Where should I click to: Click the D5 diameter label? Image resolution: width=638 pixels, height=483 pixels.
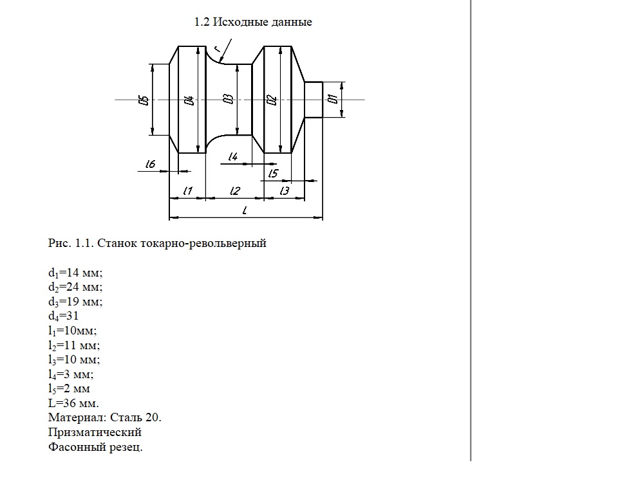[144, 100]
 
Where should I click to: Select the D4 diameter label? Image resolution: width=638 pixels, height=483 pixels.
[189, 100]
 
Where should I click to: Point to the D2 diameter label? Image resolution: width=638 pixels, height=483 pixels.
[272, 100]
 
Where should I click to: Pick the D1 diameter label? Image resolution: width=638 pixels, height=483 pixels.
[333, 99]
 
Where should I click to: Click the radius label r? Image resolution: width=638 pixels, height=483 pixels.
[218, 49]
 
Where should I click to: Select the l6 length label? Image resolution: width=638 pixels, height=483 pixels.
[150, 164]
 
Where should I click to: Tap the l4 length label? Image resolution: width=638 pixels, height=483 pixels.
[233, 156]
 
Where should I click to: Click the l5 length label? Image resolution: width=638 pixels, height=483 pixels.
[273, 173]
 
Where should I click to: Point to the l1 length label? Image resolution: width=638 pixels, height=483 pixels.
[187, 190]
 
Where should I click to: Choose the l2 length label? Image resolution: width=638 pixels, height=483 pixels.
[235, 190]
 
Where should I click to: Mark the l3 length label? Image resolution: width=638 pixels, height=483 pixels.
[285, 190]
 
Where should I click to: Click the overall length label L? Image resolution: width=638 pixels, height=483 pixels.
[245, 210]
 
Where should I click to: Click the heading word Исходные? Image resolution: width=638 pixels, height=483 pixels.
[240, 22]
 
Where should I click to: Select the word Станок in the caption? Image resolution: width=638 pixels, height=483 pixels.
[117, 243]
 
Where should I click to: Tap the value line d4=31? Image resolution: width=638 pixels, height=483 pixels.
[64, 316]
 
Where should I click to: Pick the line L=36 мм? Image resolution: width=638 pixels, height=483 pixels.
[73, 403]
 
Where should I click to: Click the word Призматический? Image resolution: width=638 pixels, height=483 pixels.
[95, 432]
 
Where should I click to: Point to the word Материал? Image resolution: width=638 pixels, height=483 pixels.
[77, 417]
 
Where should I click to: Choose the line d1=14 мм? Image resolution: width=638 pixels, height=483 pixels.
[75, 273]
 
